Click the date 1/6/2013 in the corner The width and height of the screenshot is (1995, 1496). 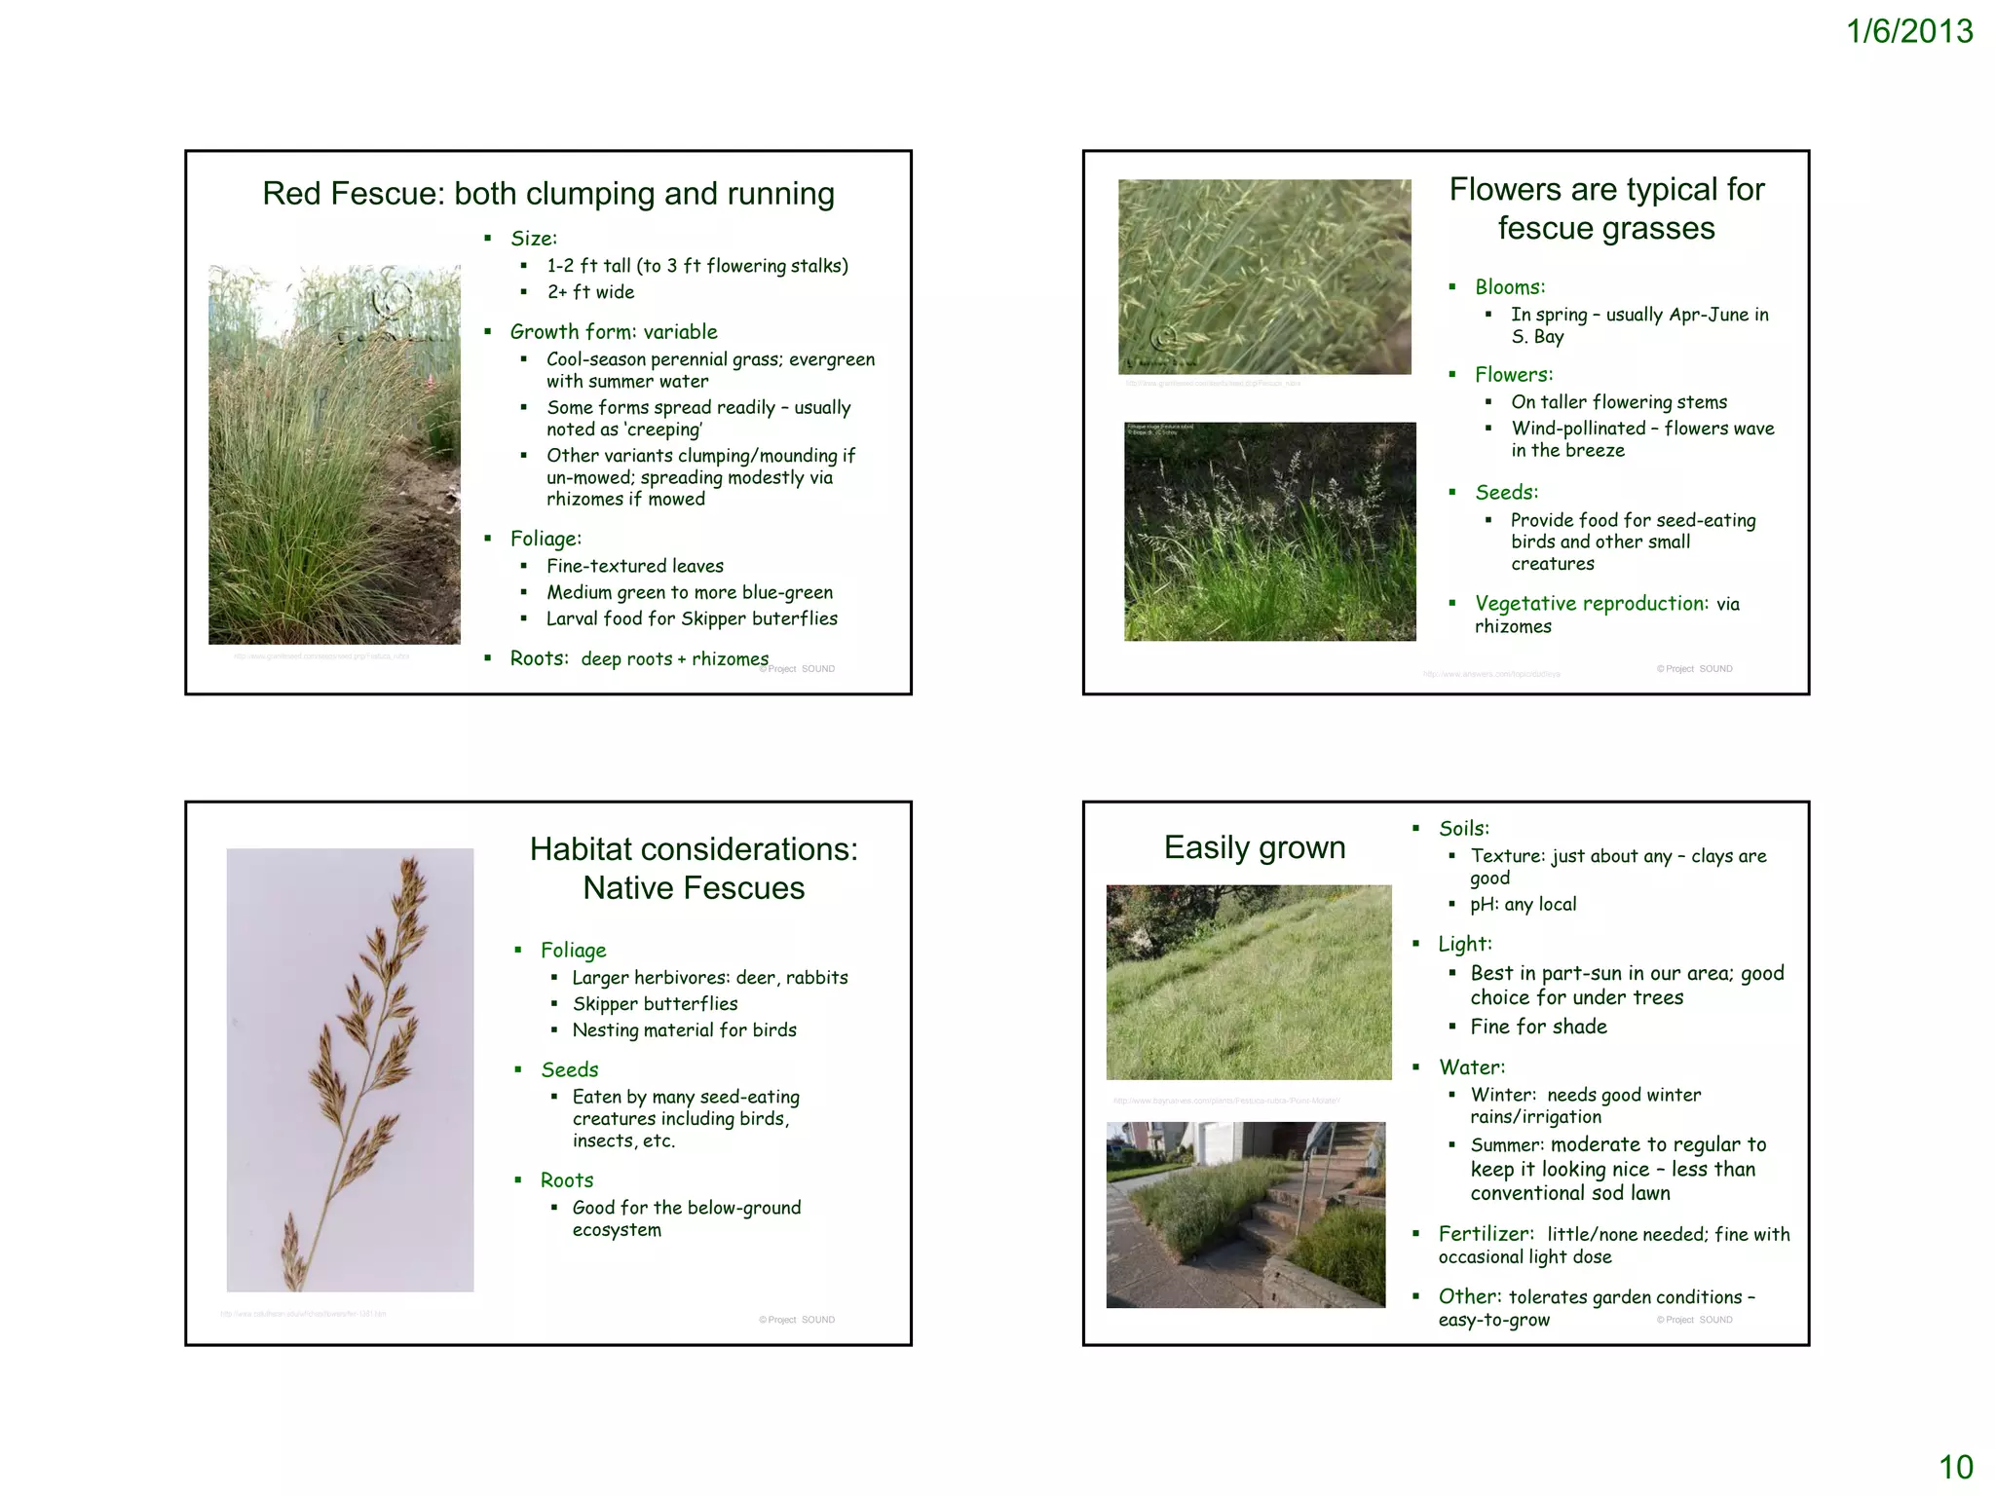coord(1908,32)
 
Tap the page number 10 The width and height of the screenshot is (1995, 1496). coord(1955,1467)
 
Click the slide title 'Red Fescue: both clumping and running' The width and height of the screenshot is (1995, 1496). coord(548,194)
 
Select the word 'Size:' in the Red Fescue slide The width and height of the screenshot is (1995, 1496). coord(534,239)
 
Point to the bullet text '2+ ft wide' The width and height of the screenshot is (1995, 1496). coord(590,292)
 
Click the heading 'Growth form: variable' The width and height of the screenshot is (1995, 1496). coord(614,332)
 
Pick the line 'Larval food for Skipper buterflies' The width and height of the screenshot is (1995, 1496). coord(692,618)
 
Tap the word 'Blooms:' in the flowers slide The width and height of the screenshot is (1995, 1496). coord(1510,287)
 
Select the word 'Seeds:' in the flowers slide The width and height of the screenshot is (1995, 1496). coord(1507,493)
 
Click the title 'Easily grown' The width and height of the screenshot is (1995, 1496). coord(1255,847)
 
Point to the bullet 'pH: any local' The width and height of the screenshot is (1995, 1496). coord(1524,905)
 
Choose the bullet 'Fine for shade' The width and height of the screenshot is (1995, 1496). coord(1539,1027)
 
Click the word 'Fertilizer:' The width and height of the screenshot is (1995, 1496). coord(1487,1235)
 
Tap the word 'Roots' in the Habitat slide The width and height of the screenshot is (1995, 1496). coord(567,1180)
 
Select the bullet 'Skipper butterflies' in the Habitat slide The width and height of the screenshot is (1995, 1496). coord(655,1004)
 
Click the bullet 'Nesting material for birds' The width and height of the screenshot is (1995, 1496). coord(684,1030)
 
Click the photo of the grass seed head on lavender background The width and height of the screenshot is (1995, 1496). coord(350,1069)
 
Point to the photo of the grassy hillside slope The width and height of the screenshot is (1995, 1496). coord(1249,982)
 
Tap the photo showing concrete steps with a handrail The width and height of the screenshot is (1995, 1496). coord(1246,1215)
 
